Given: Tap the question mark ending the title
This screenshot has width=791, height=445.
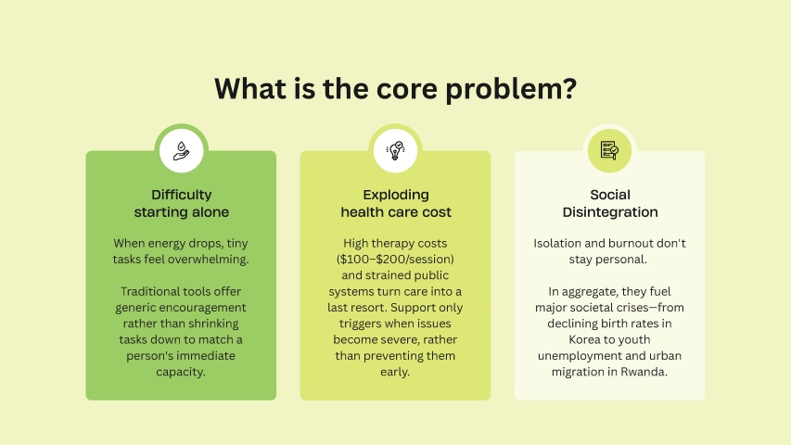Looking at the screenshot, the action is click(569, 88).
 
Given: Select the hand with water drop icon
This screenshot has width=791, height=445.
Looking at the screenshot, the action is click(181, 151).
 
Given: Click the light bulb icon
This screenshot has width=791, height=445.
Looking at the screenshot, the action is click(395, 151).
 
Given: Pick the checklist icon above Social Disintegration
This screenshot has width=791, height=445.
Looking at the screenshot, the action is click(609, 150).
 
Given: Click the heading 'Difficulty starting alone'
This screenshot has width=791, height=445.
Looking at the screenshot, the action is click(181, 203).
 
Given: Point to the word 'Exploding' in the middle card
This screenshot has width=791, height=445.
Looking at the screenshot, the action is click(396, 195).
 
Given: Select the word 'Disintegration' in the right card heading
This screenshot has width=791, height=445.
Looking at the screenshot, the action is click(610, 212).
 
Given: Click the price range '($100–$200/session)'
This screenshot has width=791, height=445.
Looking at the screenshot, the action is click(395, 260).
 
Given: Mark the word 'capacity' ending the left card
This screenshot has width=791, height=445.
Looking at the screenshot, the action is click(180, 373).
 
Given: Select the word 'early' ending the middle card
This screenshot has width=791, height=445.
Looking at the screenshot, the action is click(394, 373).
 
